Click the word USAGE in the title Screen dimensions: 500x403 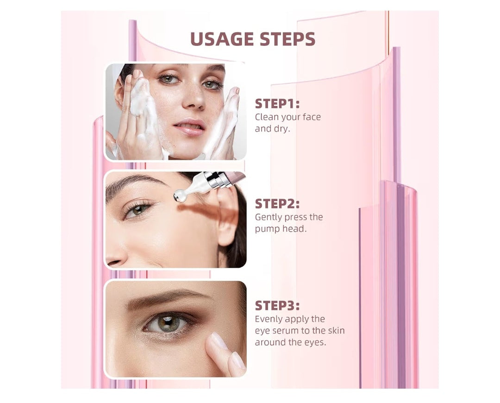222,39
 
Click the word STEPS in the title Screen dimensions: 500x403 287,39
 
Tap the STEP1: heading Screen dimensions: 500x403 277,104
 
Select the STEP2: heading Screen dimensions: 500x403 277,204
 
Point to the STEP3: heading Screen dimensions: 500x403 277,306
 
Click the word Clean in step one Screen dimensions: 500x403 267,117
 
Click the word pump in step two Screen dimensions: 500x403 265,229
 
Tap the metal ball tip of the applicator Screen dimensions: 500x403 180,196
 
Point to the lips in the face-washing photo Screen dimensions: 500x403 189,126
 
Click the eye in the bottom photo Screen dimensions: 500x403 167,323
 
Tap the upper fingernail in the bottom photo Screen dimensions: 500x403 219,340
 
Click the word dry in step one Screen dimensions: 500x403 282,129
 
